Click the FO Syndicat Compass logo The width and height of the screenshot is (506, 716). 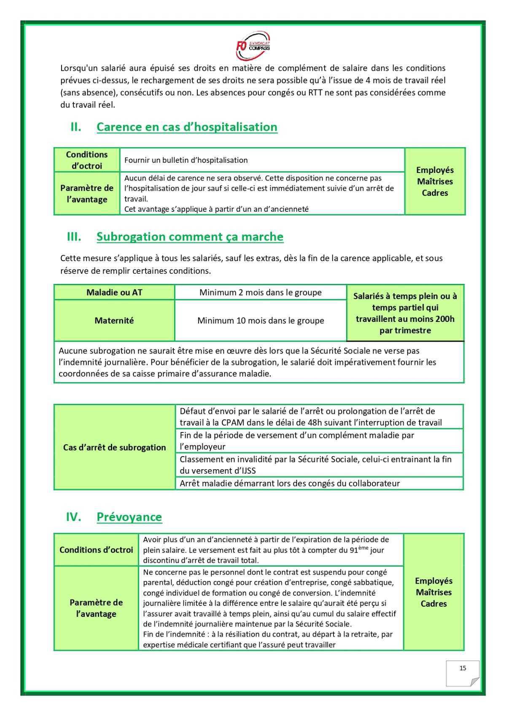click(253, 45)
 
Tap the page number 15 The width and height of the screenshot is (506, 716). click(463, 668)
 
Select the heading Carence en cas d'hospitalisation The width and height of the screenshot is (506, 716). click(187, 127)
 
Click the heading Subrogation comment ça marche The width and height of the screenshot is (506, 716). click(190, 237)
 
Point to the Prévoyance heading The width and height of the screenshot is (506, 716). click(129, 517)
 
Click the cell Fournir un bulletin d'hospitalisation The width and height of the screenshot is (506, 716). click(186, 160)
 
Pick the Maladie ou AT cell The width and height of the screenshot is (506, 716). click(114, 292)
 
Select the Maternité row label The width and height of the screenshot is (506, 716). click(114, 321)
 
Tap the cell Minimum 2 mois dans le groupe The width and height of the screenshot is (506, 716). click(261, 292)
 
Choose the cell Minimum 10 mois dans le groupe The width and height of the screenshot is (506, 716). click(261, 321)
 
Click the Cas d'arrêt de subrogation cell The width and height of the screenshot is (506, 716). click(114, 448)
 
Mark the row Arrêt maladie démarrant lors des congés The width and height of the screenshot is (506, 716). click(290, 484)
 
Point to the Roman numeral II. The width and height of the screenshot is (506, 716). click(75, 127)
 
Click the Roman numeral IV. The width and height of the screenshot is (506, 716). click(73, 517)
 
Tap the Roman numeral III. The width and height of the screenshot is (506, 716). click(74, 237)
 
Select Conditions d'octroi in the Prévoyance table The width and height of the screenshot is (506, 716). click(96, 550)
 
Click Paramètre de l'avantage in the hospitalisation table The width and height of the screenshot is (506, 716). click(87, 194)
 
